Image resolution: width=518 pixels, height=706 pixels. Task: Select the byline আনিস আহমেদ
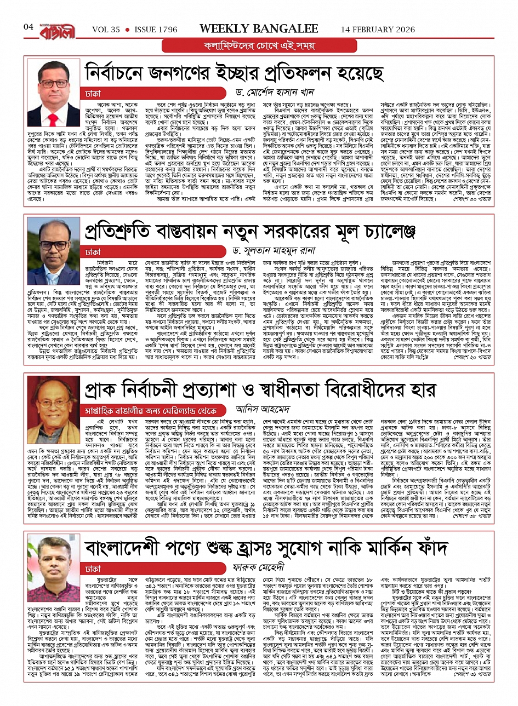coord(269,409)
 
